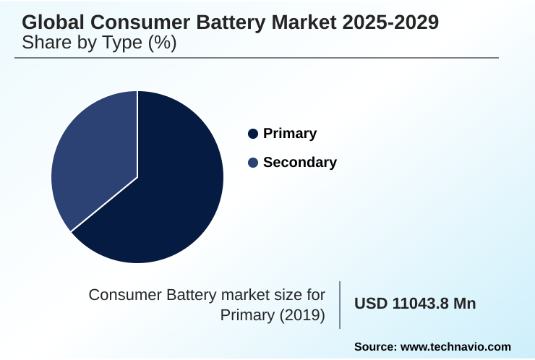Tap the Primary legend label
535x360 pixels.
point(290,134)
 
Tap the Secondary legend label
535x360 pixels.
point(299,163)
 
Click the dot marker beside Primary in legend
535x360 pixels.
point(253,134)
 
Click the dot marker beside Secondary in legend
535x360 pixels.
point(253,163)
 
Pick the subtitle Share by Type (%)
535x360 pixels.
point(99,43)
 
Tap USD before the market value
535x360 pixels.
point(370,304)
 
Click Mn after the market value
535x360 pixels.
point(464,304)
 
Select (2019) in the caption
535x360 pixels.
point(302,315)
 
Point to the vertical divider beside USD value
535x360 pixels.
point(340,304)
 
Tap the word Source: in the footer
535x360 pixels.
point(375,347)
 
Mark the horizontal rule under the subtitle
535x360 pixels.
point(257,58)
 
